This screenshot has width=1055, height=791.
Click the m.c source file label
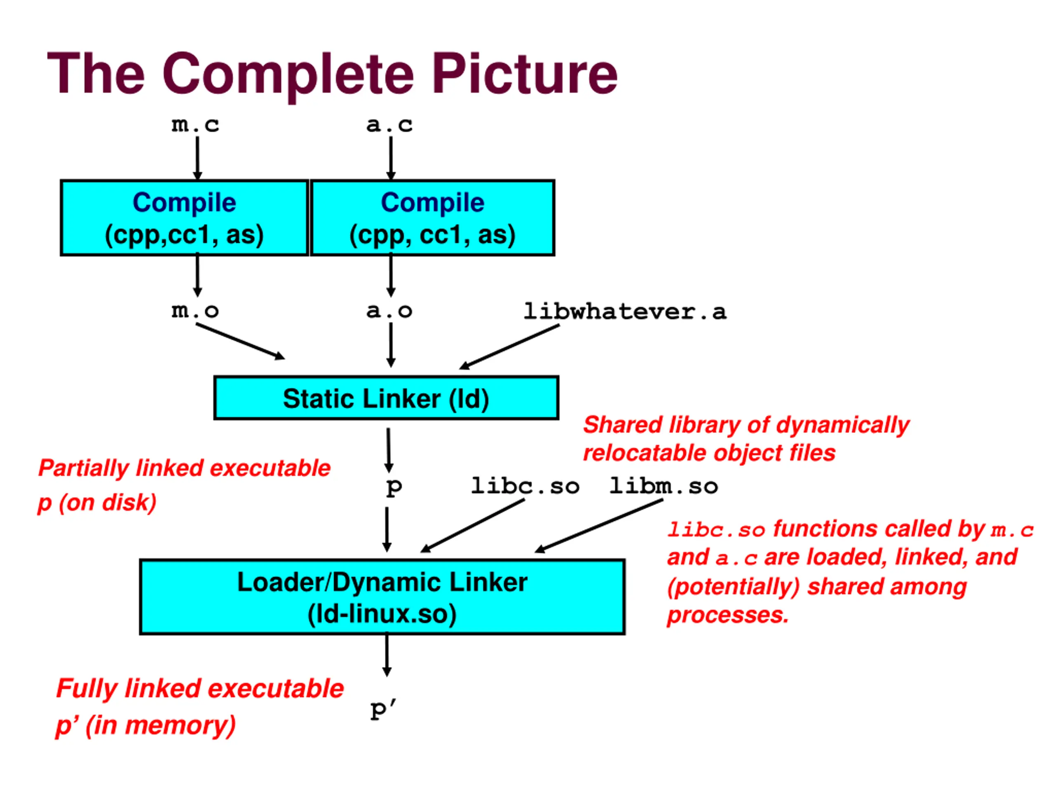click(196, 125)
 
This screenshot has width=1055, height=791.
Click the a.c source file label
click(389, 125)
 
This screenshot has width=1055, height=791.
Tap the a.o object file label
click(389, 311)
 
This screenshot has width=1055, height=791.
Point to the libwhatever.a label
click(625, 311)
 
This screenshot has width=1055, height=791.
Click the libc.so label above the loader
click(525, 486)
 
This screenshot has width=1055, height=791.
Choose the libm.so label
click(663, 486)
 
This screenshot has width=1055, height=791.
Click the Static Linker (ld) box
click(386, 398)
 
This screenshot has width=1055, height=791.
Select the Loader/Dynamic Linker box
click(382, 597)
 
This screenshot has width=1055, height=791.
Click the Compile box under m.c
click(185, 218)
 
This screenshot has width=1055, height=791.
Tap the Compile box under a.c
click(433, 218)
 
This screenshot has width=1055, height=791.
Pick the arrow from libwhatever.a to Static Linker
click(509, 346)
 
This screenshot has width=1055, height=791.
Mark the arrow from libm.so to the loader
click(598, 526)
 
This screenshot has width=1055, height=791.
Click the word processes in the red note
click(728, 615)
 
